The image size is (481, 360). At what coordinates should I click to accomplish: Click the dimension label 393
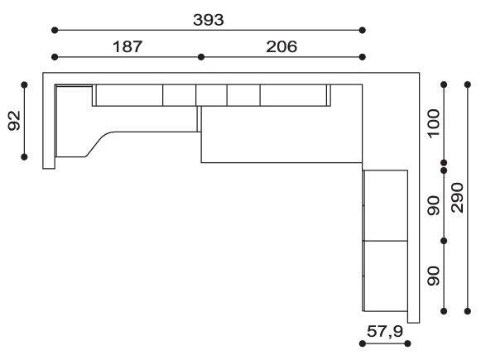point(209,20)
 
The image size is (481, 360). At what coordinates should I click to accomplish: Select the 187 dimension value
point(127,46)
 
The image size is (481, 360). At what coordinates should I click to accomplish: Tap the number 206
point(281,46)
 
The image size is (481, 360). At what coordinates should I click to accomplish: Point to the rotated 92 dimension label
point(14,121)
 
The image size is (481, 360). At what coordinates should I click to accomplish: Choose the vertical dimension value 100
point(434,123)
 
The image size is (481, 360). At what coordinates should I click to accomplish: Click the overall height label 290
point(457,198)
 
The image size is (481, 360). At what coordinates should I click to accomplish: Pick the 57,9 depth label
point(385,331)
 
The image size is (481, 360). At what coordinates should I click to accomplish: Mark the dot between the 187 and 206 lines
point(201,57)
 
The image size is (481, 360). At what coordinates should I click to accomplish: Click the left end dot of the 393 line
point(55,30)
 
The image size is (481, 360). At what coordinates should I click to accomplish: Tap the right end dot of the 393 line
point(363,30)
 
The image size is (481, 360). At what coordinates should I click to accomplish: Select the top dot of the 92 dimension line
point(24,84)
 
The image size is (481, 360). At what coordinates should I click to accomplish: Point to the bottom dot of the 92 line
point(24,157)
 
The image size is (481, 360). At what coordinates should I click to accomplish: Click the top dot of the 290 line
point(468,84)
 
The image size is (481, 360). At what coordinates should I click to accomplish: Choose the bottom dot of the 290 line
point(468,311)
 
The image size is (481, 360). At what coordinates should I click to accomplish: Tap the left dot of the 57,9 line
point(363,343)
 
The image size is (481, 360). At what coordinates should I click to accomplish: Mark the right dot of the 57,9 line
point(407,343)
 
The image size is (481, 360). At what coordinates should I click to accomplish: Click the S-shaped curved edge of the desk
point(99,142)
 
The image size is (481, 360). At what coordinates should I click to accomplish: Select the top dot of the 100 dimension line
point(444,84)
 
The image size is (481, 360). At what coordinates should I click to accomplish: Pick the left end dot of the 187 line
point(55,57)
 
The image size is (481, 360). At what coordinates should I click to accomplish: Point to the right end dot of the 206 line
point(363,57)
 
